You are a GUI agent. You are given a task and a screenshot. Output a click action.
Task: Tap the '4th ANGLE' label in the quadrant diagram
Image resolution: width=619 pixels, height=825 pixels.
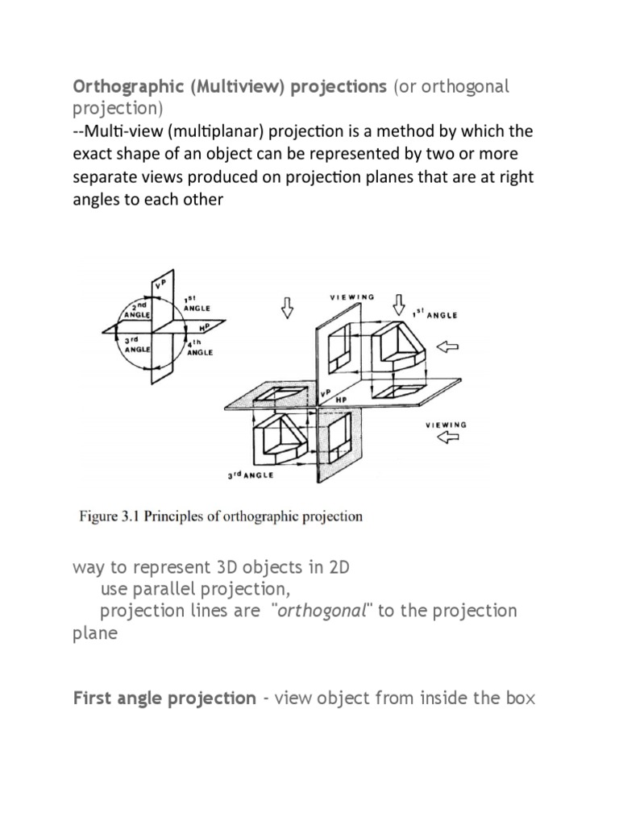click(x=199, y=348)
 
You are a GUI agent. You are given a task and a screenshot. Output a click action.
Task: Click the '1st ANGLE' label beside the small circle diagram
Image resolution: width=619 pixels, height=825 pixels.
click(x=197, y=303)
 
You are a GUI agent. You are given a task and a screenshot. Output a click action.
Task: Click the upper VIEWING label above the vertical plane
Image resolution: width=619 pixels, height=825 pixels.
click(x=352, y=297)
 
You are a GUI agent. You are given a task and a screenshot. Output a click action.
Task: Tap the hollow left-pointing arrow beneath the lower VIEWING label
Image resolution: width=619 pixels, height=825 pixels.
click(x=448, y=438)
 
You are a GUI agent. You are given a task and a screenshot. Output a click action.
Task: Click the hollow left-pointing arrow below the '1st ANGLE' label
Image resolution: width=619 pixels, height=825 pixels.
click(x=468, y=346)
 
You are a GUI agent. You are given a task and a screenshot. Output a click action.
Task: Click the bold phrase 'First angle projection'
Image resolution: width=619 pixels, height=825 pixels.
click(x=164, y=698)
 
